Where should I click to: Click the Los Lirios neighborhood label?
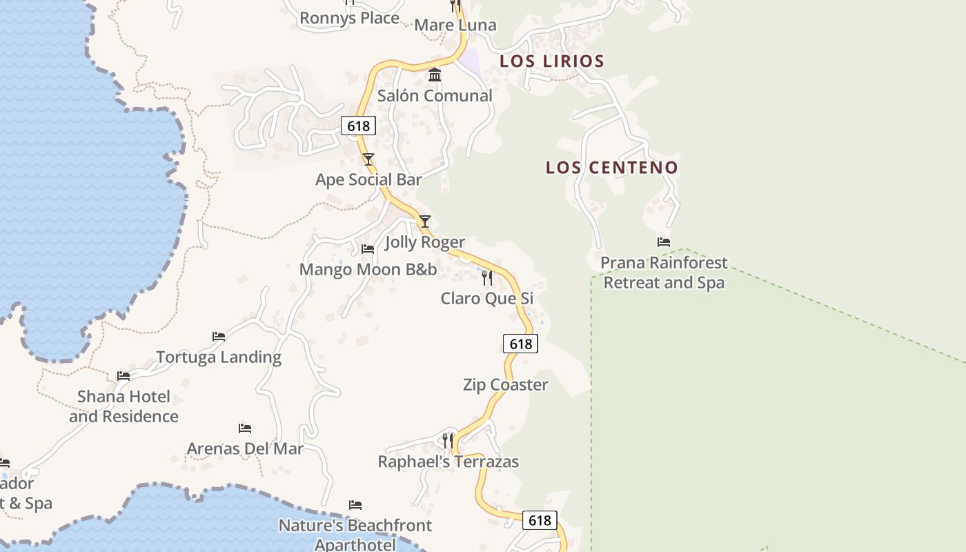(552, 61)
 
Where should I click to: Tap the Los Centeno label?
(612, 167)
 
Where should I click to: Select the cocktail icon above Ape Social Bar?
(368, 159)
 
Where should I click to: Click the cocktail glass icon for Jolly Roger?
(425, 221)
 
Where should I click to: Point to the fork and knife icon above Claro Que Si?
(487, 278)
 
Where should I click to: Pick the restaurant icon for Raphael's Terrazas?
(448, 440)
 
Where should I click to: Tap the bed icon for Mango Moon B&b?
(368, 248)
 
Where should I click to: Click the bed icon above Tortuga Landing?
(219, 337)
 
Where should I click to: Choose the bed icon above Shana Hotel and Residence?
(124, 376)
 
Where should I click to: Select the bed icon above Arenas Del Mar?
(245, 428)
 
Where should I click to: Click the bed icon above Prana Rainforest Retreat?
(664, 242)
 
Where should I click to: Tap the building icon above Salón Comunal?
(435, 75)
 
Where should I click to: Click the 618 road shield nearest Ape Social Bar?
(358, 126)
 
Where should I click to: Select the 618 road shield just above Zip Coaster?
(520, 344)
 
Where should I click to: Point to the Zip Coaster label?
(506, 385)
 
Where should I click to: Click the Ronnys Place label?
(349, 18)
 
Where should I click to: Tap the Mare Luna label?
(455, 26)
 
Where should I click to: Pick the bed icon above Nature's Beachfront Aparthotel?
(355, 505)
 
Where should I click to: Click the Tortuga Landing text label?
(219, 357)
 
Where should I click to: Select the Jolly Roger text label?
(425, 242)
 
